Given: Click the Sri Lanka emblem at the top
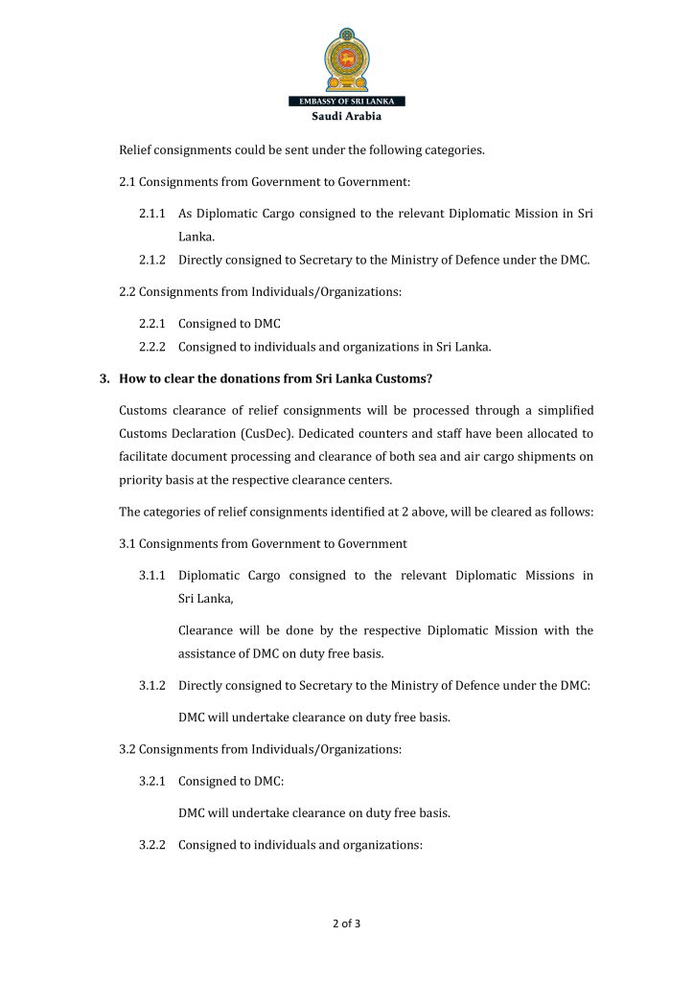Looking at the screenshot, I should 347,58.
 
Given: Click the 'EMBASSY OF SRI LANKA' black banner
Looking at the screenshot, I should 347,102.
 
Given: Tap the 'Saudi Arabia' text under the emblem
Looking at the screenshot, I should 347,116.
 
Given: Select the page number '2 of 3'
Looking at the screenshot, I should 346,924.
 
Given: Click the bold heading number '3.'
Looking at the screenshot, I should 105,377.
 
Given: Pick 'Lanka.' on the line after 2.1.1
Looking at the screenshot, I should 196,236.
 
